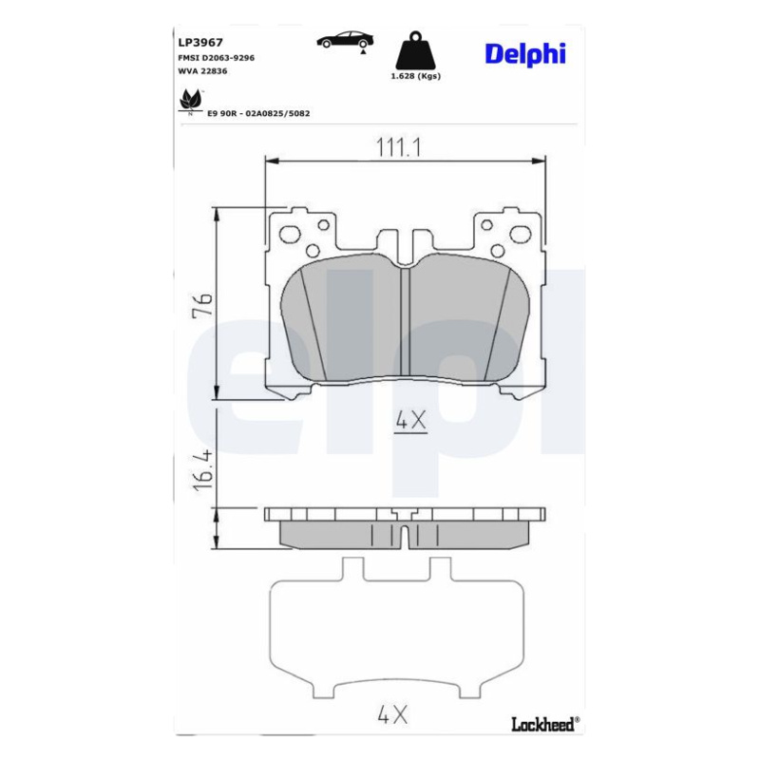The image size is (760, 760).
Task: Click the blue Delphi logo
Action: [525, 54]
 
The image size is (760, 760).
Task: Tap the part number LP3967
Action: [200, 43]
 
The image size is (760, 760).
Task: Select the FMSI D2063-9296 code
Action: [217, 58]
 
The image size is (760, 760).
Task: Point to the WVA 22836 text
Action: [202, 70]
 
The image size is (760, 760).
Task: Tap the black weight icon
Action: [415, 50]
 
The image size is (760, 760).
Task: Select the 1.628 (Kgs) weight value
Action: [416, 76]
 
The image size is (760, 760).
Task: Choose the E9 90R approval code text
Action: [258, 113]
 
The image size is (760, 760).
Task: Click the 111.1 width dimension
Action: [399, 147]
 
